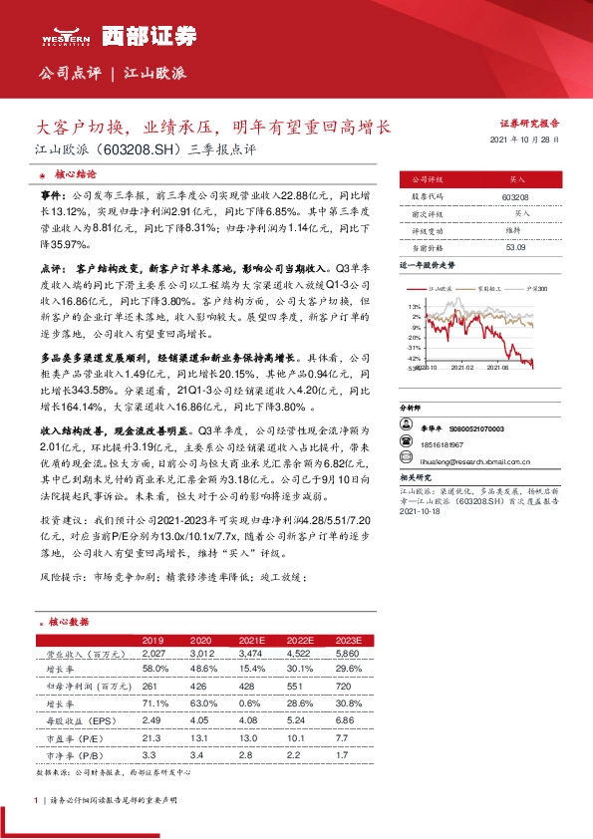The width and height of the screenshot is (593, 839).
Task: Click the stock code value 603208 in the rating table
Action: tap(515, 198)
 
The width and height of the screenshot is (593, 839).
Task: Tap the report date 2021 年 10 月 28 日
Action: tap(531, 141)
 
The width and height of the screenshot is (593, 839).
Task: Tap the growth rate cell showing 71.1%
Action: tap(154, 701)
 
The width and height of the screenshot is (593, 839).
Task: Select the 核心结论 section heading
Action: tap(75, 173)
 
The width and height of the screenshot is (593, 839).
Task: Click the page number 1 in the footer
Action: tap(35, 800)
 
